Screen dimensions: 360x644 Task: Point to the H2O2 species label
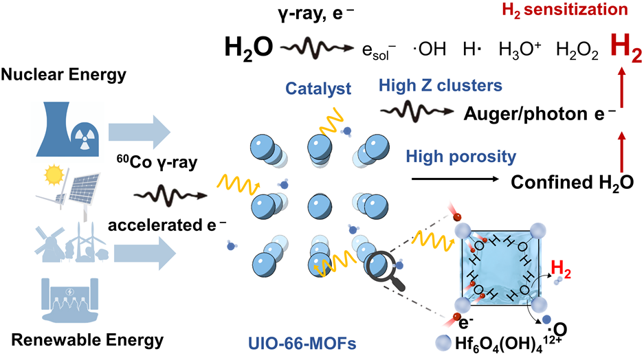click(574, 49)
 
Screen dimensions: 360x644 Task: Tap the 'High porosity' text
click(461, 157)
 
